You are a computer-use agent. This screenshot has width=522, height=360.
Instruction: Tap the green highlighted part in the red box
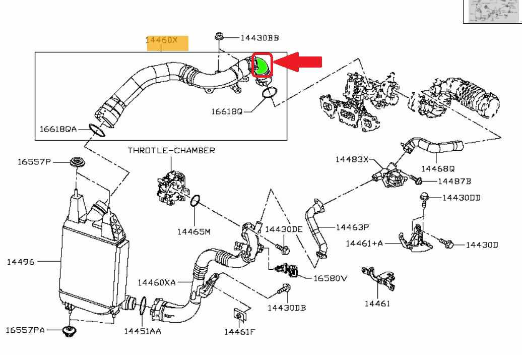(262, 65)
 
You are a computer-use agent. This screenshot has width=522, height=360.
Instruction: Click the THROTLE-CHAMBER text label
(171, 150)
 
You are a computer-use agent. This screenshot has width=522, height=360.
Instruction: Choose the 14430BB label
(259, 38)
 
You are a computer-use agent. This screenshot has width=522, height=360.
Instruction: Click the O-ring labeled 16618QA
(97, 130)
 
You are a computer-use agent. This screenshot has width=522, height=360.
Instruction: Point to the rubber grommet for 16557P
(77, 163)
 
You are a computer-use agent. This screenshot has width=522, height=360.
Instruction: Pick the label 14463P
(353, 227)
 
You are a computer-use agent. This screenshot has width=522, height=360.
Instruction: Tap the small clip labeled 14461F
(238, 315)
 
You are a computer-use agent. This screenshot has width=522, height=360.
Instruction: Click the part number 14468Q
(438, 168)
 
